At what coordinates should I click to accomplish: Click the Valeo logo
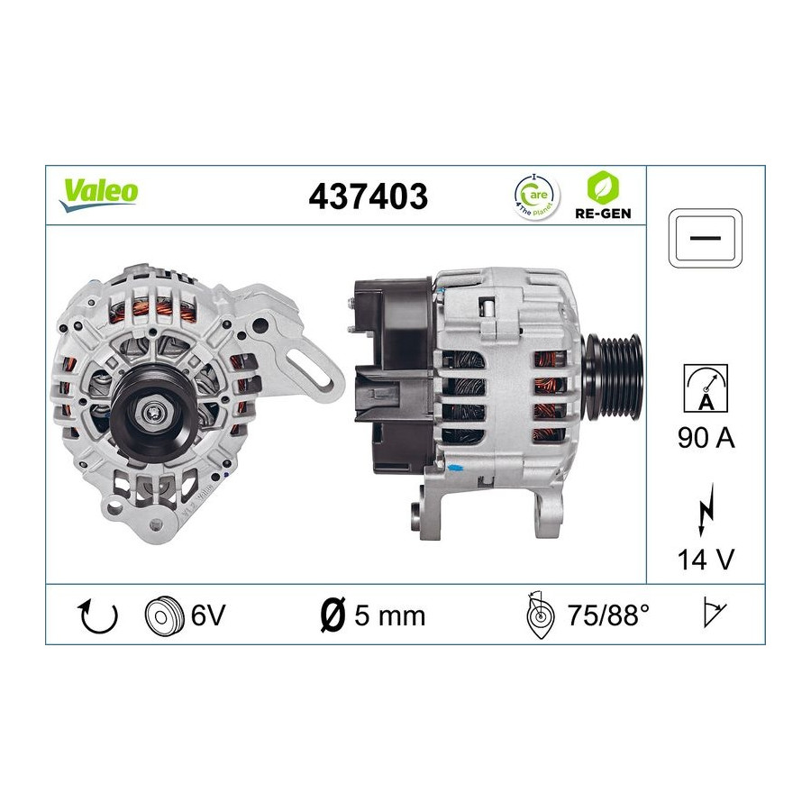pos(99,195)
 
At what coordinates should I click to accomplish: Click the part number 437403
pos(369,196)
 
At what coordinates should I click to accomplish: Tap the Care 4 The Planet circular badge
pos(537,197)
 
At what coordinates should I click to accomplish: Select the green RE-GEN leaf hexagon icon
pos(603,187)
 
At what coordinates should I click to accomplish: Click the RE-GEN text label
pos(603,213)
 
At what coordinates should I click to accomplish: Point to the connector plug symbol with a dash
pos(706,239)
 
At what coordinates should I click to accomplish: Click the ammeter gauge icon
pos(706,387)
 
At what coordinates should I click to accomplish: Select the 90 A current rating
pos(706,438)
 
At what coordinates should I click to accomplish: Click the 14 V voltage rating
pos(706,559)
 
